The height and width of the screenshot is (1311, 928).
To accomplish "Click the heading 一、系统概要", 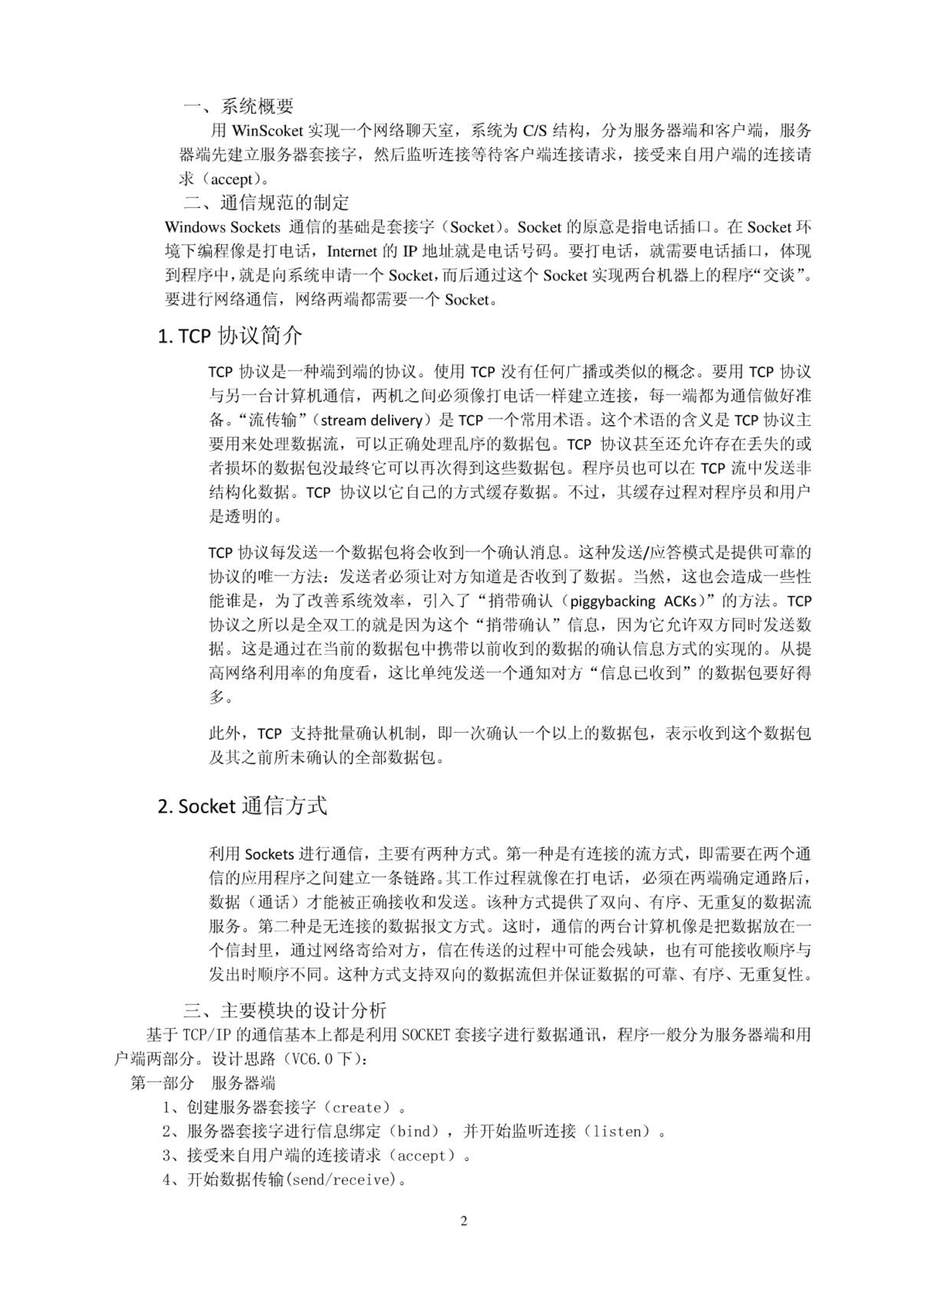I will click(238, 106).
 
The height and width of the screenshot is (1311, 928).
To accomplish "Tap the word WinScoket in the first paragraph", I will click(267, 130).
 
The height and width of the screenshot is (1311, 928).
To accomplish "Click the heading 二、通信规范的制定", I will click(266, 203).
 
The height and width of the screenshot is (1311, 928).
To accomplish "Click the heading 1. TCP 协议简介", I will click(230, 336).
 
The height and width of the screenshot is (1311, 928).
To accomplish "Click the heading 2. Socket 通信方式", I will click(242, 806).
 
